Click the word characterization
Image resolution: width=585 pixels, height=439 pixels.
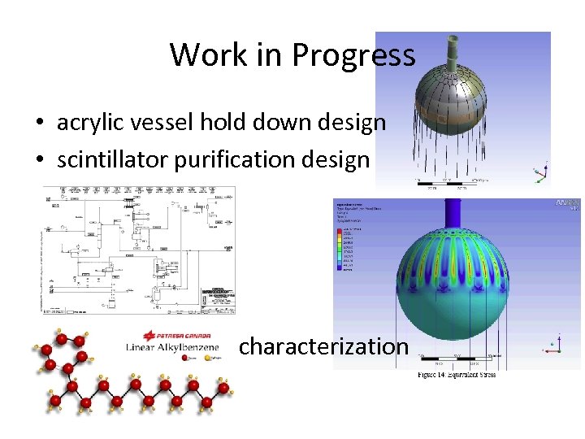click(x=323, y=346)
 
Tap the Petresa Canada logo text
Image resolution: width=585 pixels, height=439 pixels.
click(x=176, y=335)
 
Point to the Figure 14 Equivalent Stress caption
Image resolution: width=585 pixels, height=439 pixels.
click(x=457, y=375)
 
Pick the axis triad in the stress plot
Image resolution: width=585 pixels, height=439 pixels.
click(x=555, y=345)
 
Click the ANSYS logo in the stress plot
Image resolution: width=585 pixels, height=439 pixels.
click(x=568, y=203)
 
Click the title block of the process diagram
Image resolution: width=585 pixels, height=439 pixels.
click(x=214, y=301)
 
